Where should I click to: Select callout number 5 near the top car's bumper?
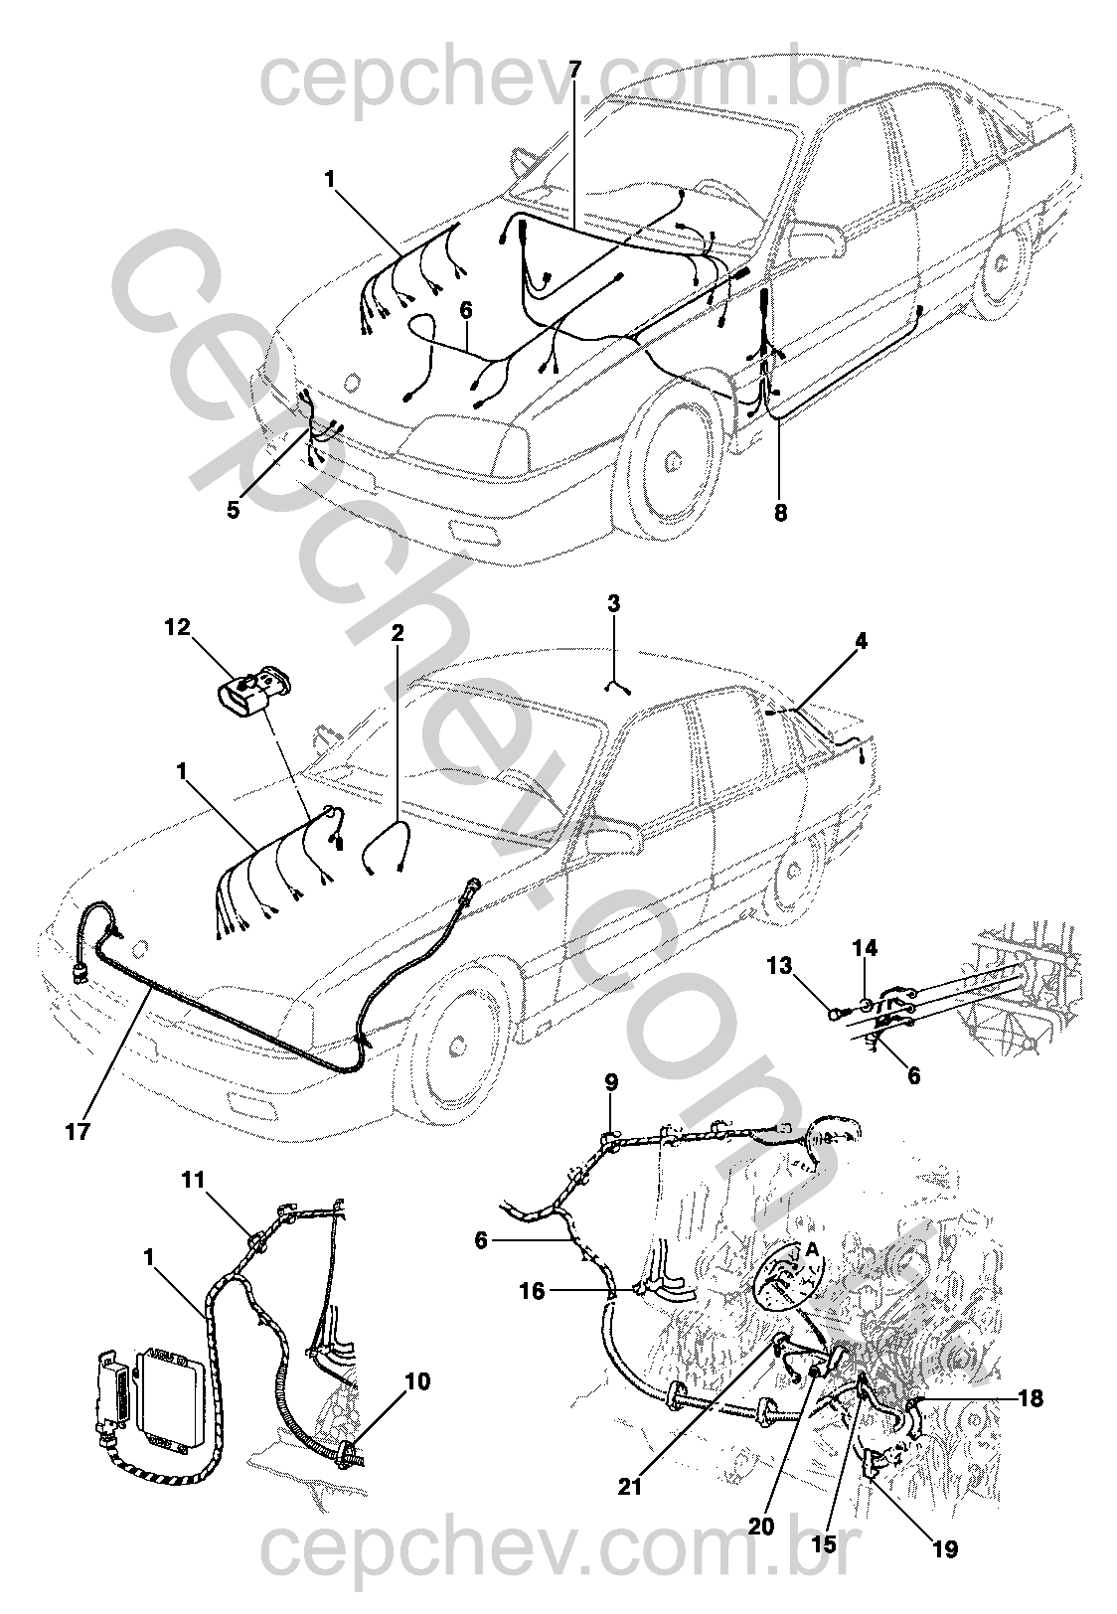click(234, 510)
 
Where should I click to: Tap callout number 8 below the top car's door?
click(780, 513)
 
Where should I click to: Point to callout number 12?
click(177, 627)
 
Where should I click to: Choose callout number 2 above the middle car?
click(398, 633)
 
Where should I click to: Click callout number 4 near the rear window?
click(861, 642)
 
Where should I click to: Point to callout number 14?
click(865, 949)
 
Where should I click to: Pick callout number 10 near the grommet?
click(417, 1381)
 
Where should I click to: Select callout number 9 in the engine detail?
click(611, 1080)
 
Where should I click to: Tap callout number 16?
click(533, 1291)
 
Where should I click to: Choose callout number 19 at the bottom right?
click(947, 1548)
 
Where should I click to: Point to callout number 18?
click(1031, 1398)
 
